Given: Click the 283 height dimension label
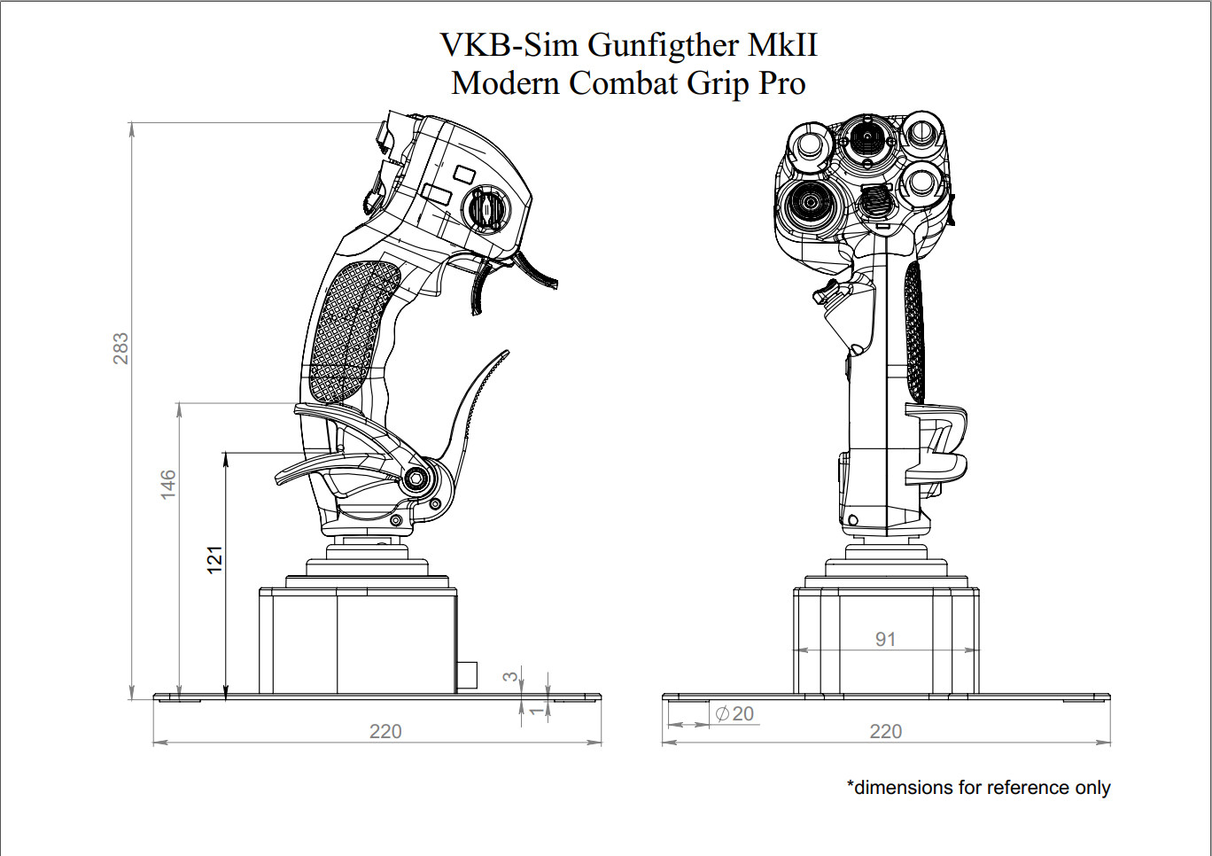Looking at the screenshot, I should (120, 348).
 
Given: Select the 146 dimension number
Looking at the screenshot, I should (168, 484).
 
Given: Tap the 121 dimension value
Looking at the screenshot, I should (214, 559).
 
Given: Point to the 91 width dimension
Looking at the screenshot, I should (885, 639).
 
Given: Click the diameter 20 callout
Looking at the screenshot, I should (735, 713).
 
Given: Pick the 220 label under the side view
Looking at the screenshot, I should (385, 731).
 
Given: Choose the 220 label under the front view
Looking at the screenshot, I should (886, 731).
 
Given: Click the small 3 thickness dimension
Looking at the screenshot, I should (509, 676).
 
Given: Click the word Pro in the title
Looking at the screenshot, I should (782, 83).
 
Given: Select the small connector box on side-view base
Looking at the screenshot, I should (466, 674).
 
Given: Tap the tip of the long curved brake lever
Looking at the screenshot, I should (505, 354).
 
